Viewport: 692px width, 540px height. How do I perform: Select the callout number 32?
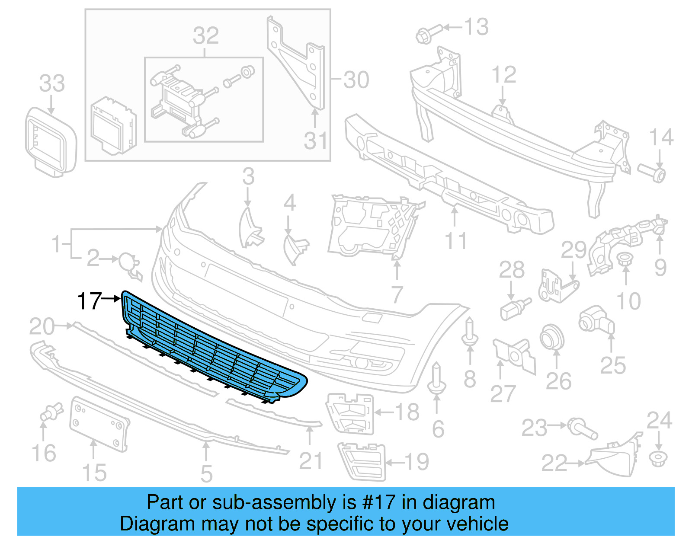click(x=205, y=35)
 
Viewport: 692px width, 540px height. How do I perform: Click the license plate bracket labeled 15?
click(x=99, y=424)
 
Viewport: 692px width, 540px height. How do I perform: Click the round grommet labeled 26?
click(x=552, y=338)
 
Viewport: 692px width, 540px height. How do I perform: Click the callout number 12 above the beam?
click(x=504, y=75)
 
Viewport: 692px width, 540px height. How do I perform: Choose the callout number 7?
click(x=397, y=295)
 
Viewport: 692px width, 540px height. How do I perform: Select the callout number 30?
click(x=356, y=80)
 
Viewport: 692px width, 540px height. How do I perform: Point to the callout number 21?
click(x=311, y=461)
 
